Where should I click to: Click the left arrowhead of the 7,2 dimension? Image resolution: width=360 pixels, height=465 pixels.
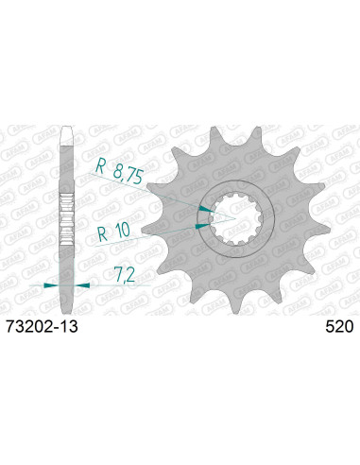coord(54,283)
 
